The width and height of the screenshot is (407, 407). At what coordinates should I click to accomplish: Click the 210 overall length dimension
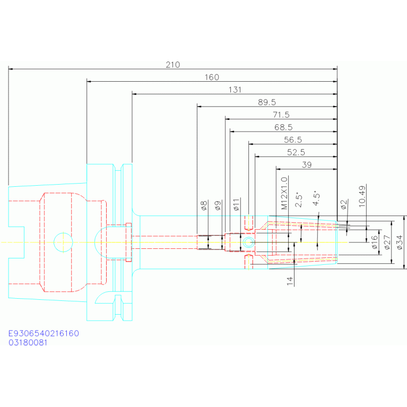[x=173, y=65]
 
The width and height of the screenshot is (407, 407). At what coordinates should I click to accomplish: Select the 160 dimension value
[x=212, y=77]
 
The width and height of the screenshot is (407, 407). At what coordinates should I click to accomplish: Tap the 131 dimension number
[x=235, y=90]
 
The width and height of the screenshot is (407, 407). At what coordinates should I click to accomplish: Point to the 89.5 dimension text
[x=267, y=102]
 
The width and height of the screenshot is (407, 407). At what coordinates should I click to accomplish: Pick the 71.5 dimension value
[x=281, y=115]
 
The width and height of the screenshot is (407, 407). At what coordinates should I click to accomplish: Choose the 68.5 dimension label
[x=283, y=128]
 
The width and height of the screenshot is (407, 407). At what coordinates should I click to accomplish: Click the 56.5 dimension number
[x=293, y=140]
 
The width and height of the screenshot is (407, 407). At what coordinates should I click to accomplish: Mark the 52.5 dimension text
[x=296, y=153]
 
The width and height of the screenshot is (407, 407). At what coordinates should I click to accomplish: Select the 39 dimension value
[x=307, y=165]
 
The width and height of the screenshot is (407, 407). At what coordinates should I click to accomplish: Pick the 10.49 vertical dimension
[x=362, y=196]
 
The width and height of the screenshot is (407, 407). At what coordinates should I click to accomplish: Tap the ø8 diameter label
[x=203, y=206]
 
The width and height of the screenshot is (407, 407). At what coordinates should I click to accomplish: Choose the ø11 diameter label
[x=237, y=205]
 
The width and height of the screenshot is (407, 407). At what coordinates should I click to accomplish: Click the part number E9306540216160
[x=44, y=334]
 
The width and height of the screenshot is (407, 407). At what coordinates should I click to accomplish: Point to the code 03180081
[x=28, y=343]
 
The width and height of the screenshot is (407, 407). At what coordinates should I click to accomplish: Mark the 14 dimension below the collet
[x=290, y=281]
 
